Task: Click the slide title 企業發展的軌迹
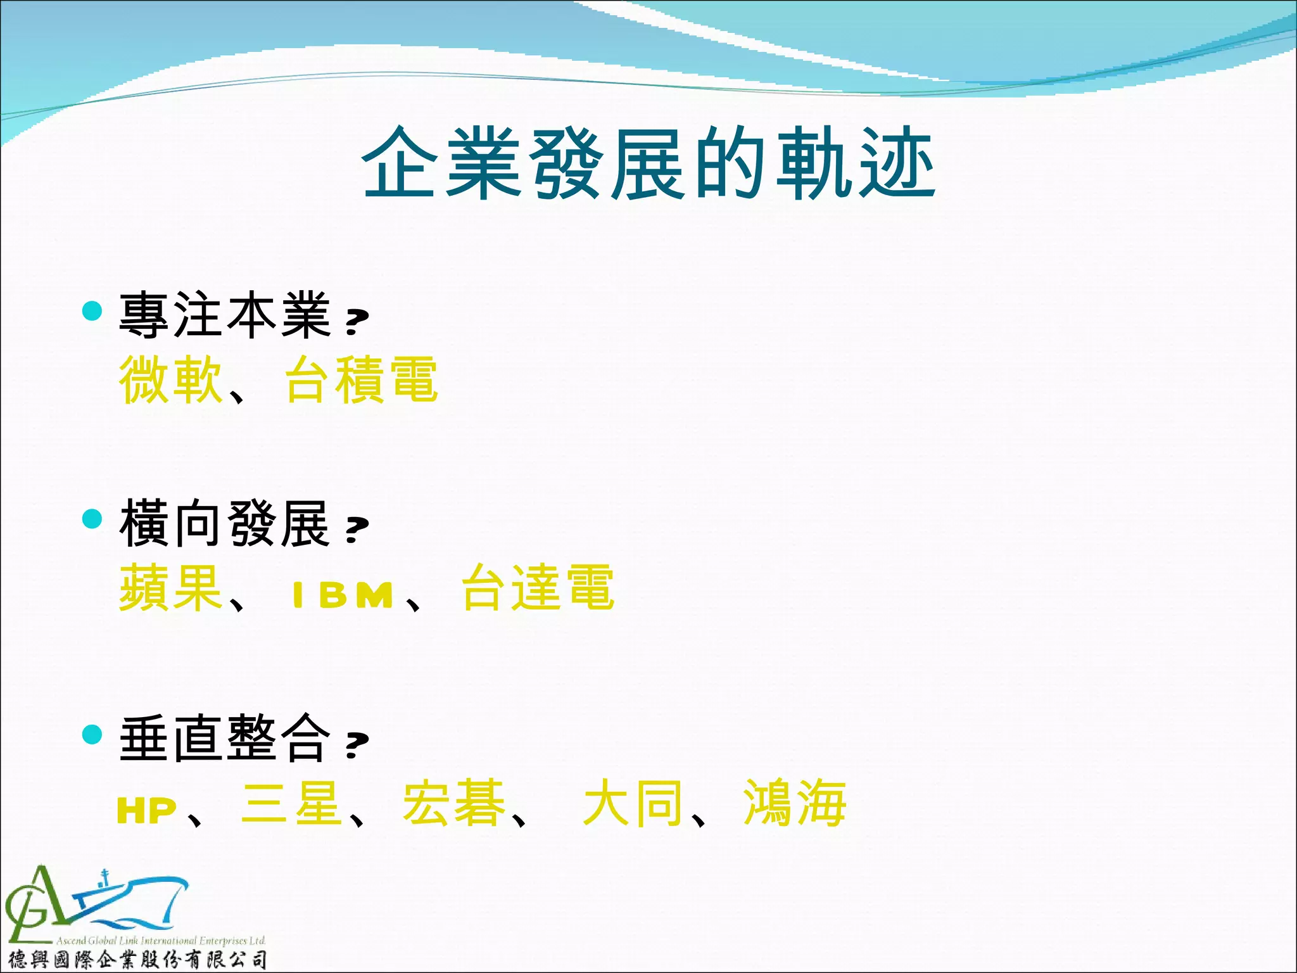pyautogui.click(x=648, y=163)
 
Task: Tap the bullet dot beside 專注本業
pyautogui.click(x=92, y=310)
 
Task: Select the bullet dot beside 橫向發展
pyautogui.click(x=92, y=519)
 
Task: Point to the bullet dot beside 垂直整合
pyautogui.click(x=92, y=734)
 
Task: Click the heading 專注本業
pyautogui.click(x=225, y=315)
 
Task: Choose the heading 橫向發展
pyautogui.click(x=225, y=523)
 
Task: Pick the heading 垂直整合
pyautogui.click(x=225, y=739)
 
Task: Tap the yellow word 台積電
pyautogui.click(x=361, y=379)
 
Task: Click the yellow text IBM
pyautogui.click(x=343, y=595)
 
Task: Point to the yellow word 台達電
pyautogui.click(x=538, y=588)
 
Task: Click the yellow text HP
pyautogui.click(x=147, y=811)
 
